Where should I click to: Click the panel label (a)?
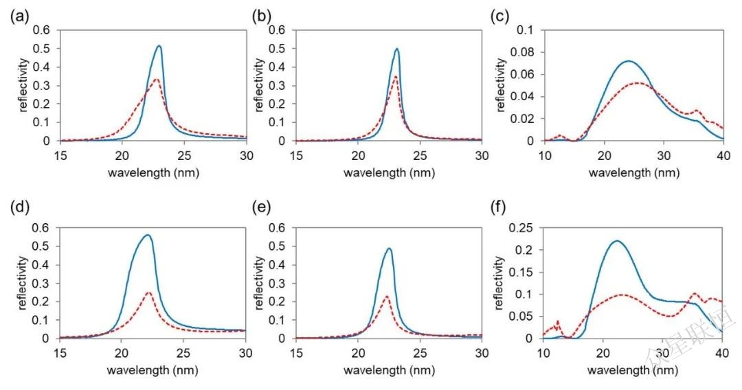[18, 15]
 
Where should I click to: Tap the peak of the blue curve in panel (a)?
[159, 46]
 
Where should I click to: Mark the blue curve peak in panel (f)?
[616, 241]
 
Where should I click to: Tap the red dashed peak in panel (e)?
[386, 296]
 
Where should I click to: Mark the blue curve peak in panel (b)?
[396, 49]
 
